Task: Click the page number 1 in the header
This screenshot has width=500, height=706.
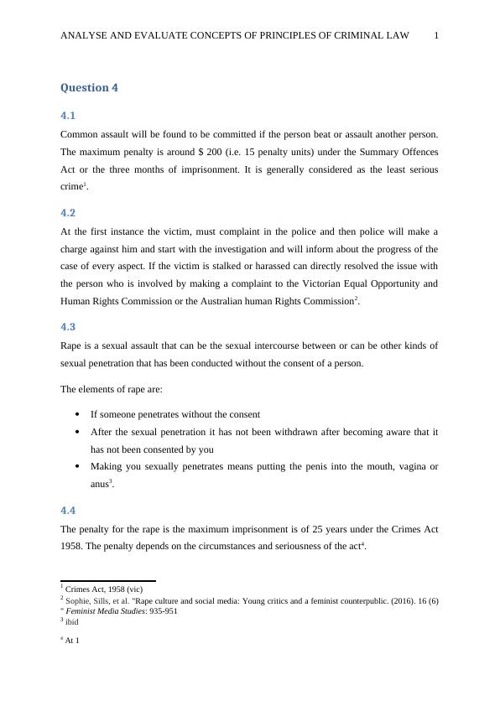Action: pos(436,35)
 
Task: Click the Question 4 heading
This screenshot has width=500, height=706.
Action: pos(85,88)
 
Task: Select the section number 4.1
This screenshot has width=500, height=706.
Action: pos(68,116)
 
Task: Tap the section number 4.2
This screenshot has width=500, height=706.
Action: pos(68,213)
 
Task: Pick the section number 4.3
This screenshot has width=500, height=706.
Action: pos(68,327)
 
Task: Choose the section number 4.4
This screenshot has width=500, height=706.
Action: pos(68,510)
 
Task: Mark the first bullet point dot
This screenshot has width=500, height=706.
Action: pos(77,414)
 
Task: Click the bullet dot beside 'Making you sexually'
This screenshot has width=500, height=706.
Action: pos(77,466)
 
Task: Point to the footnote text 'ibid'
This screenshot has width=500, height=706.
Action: pos(72,621)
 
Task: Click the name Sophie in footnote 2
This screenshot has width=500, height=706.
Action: pos(78,600)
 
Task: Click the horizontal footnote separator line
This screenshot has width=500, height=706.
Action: pos(107,580)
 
